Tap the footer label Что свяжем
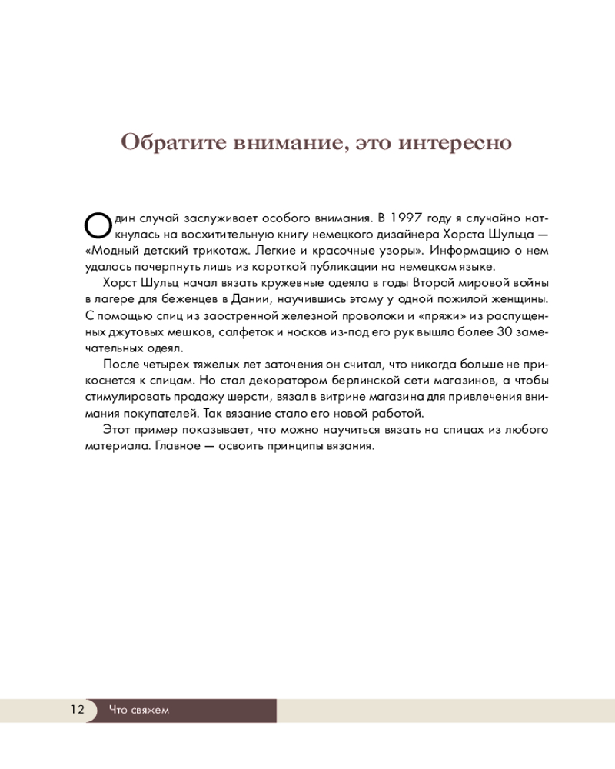point(138,710)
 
